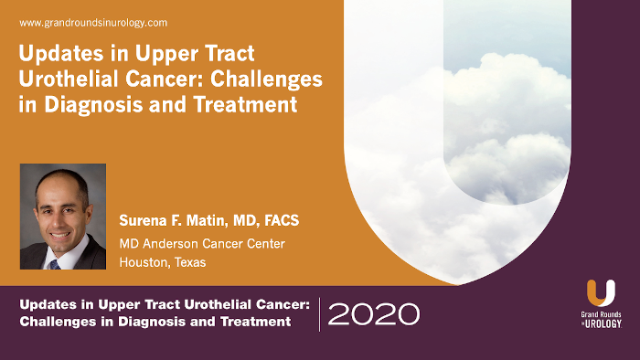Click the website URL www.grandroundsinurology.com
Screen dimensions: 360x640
tap(93, 22)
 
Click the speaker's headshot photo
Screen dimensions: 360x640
tap(62, 217)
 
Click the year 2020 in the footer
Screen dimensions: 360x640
tap(373, 313)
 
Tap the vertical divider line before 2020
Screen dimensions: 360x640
tap(319, 313)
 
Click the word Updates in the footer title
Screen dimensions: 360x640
tap(49, 304)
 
